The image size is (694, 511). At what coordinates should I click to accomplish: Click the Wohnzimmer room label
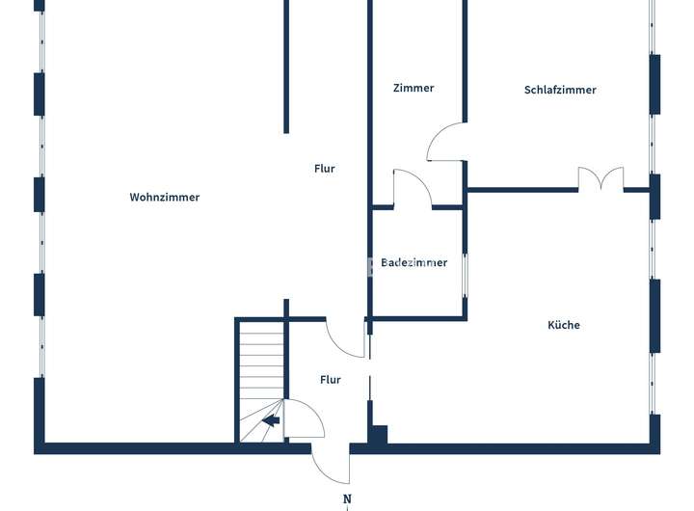165,197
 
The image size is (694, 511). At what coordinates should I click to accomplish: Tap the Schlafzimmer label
560,90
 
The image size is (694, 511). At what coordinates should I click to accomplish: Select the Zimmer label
414,88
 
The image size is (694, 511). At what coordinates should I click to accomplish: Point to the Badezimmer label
414,262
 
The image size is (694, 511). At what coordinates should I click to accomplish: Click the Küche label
564,325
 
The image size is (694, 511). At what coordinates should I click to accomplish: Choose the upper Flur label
325,169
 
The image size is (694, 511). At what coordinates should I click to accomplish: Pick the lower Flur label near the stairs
331,380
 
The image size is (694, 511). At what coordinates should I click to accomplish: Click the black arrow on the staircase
271,420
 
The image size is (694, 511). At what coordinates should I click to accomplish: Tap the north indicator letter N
347,498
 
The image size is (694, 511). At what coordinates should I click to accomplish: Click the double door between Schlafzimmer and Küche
601,178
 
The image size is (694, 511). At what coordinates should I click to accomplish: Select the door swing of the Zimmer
445,143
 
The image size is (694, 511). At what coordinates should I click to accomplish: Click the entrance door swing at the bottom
331,466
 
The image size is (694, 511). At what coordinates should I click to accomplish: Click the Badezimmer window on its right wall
466,275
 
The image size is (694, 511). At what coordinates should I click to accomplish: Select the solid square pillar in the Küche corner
378,435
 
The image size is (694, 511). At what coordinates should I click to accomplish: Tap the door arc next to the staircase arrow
307,417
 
